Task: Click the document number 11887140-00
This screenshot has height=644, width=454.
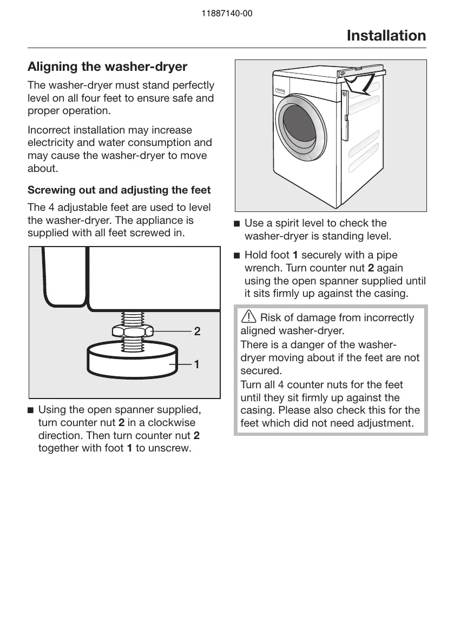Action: (226, 14)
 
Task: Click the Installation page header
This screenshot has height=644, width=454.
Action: (386, 36)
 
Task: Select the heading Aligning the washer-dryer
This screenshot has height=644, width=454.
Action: (107, 67)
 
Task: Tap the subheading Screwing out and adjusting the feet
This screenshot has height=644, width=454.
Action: (119, 190)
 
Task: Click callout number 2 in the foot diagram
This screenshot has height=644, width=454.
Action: (198, 331)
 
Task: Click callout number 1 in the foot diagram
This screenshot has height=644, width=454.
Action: (197, 365)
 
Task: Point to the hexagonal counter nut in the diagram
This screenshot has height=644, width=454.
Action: (132, 331)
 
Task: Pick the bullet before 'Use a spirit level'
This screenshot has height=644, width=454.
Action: (236, 223)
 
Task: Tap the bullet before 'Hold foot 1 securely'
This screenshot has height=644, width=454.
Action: (236, 255)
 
